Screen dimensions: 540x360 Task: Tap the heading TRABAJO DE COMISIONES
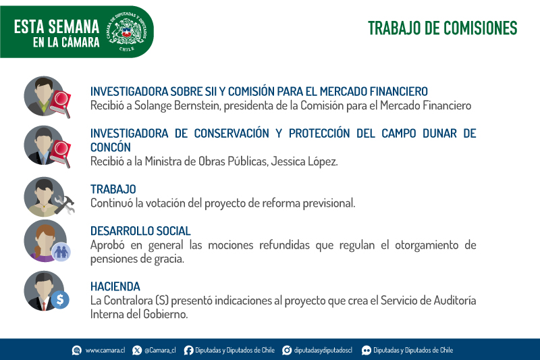click(443, 28)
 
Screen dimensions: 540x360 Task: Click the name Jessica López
click(304, 161)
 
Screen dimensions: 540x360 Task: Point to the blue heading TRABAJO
click(113, 189)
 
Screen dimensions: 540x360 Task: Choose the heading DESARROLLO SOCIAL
click(140, 231)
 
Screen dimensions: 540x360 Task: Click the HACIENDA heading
click(115, 286)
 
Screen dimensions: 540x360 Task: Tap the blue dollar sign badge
click(60, 300)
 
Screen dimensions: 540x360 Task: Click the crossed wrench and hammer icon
click(65, 205)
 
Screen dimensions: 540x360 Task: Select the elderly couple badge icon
click(61, 252)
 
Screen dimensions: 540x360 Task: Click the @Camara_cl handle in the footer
click(160, 351)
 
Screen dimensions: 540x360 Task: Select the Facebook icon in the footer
click(188, 351)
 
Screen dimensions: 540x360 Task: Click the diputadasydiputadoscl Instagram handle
click(323, 351)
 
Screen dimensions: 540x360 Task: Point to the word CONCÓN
click(111, 147)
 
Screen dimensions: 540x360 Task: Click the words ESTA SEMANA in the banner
click(57, 26)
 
